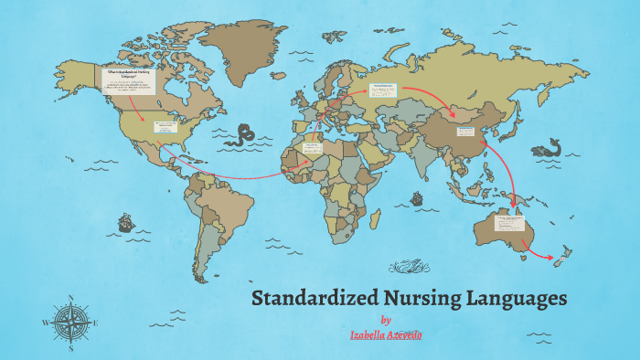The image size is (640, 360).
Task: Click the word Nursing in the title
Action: [417, 299]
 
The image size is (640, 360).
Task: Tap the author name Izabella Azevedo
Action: [386, 335]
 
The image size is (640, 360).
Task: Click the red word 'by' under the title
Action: [386, 320]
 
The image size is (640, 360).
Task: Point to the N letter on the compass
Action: [70, 298]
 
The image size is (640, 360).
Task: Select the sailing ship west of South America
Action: [124, 222]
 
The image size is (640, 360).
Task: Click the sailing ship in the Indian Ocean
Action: [417, 198]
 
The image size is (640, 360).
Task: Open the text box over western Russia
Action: [382, 90]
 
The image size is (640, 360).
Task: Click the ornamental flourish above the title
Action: [409, 268]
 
